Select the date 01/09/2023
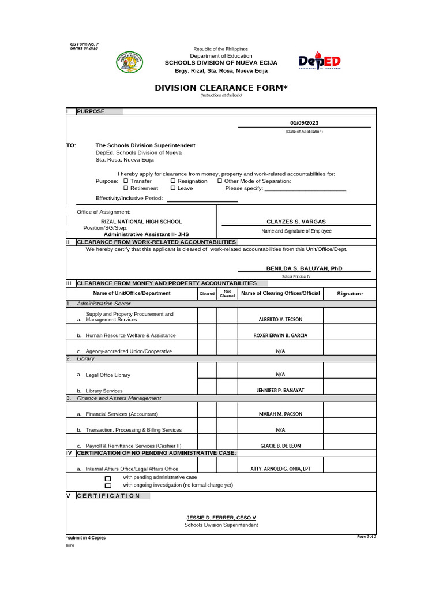click(304, 123)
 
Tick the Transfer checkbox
click(126, 181)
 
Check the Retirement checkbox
click(126, 188)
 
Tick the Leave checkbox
click(173, 188)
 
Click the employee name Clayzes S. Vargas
click(296, 222)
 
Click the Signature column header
click(350, 294)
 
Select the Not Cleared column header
click(227, 294)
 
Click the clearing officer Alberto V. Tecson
click(280, 319)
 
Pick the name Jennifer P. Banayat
click(280, 391)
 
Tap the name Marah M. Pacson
click(280, 414)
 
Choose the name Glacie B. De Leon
click(280, 446)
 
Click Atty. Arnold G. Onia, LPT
click(280, 469)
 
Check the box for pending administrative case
click(108, 478)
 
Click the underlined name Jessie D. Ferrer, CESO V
click(221, 518)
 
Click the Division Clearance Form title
click(221, 88)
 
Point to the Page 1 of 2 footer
click(366, 537)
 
